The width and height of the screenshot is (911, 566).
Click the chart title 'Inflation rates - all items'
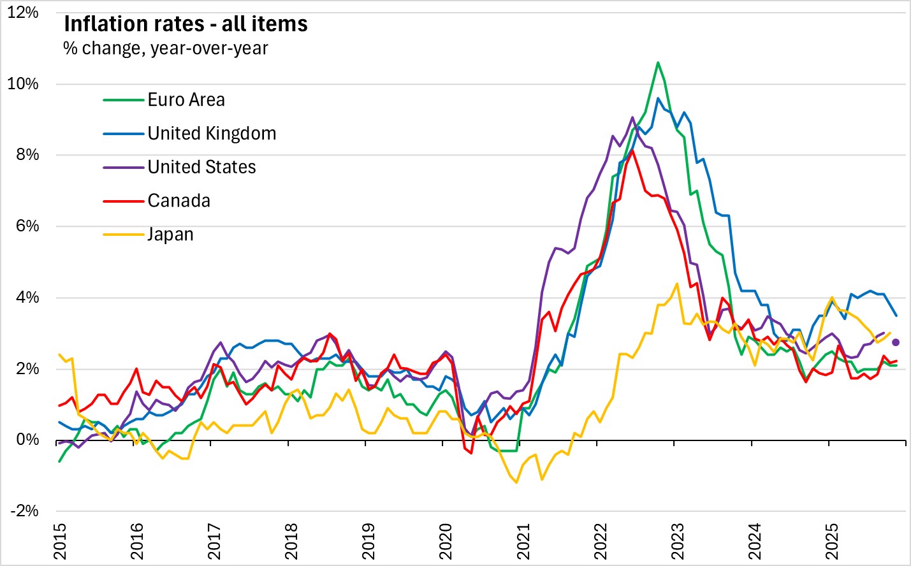click(x=186, y=24)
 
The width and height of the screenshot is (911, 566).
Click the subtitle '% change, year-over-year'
click(x=166, y=48)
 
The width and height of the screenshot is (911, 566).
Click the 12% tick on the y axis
click(x=23, y=13)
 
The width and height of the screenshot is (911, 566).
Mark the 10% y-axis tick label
click(x=23, y=84)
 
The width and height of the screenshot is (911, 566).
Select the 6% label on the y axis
click(x=27, y=226)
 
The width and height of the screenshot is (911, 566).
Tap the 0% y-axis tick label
click(x=27, y=440)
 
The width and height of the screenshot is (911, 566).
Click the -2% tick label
click(x=24, y=511)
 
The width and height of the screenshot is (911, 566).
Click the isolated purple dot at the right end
click(x=895, y=342)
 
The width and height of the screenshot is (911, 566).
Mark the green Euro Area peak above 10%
click(x=658, y=62)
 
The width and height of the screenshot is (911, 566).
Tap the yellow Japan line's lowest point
click(x=516, y=483)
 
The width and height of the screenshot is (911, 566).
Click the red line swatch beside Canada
click(x=123, y=201)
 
